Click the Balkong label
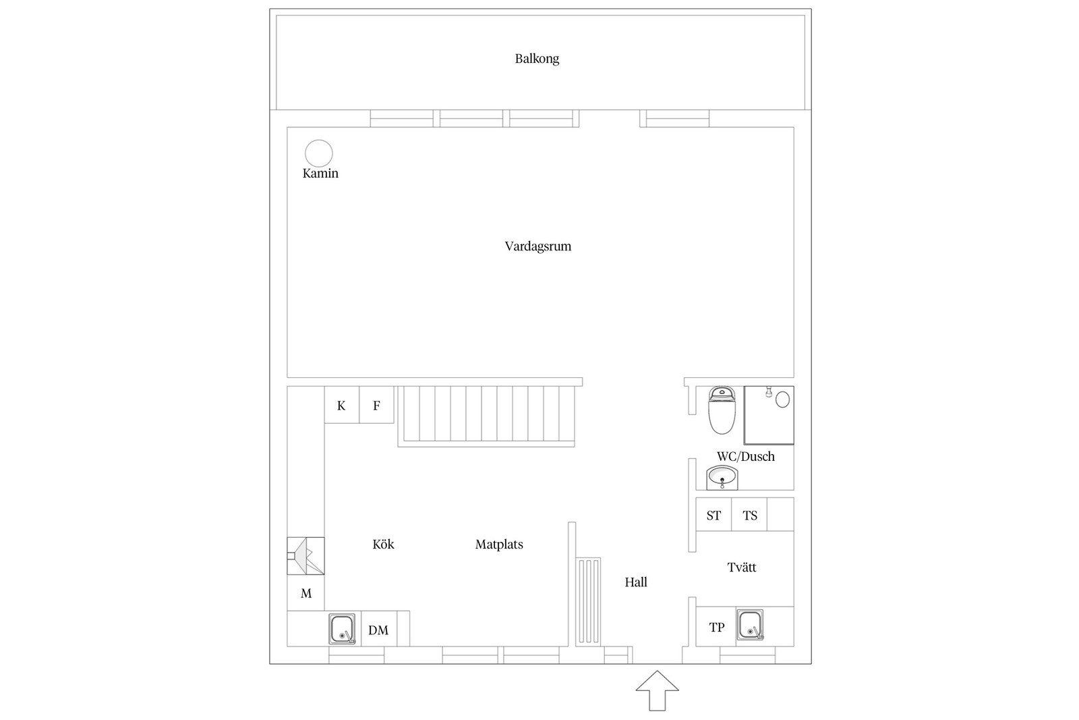tap(537, 59)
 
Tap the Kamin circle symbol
tap(319, 153)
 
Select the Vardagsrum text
tap(537, 246)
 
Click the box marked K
tap(341, 405)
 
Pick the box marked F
tap(376, 405)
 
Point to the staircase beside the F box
tap(486, 415)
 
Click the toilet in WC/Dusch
tap(722, 411)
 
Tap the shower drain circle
tap(782, 399)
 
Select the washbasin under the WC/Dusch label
tap(722, 478)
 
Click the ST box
tap(713, 515)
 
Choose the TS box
tap(750, 515)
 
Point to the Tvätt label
tap(741, 567)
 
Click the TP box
tap(716, 627)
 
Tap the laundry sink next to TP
tap(750, 625)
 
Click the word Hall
tap(635, 582)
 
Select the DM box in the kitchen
tap(378, 630)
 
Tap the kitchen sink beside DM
tap(342, 629)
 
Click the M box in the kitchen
tap(306, 593)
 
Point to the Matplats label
tap(499, 545)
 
